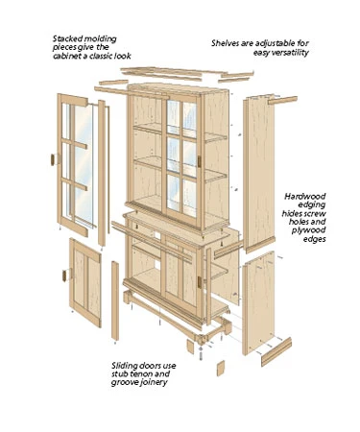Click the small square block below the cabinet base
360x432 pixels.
[x=219, y=368]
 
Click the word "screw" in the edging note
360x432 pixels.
[x=324, y=217]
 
